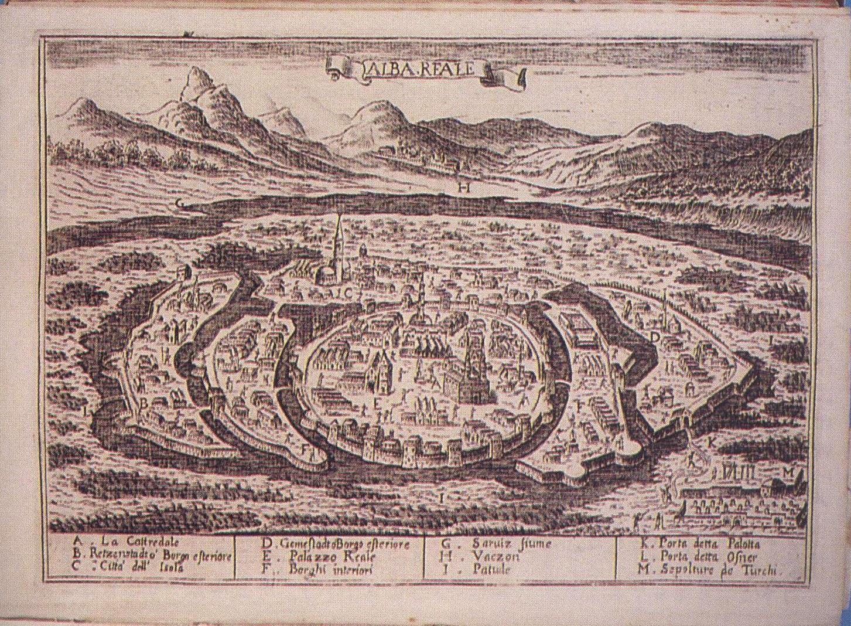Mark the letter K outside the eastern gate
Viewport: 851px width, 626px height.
[x=712, y=441]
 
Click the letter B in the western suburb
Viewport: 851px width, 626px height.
[x=143, y=403]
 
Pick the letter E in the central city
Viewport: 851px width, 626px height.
[x=378, y=403]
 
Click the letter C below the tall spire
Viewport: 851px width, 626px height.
[x=346, y=291]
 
